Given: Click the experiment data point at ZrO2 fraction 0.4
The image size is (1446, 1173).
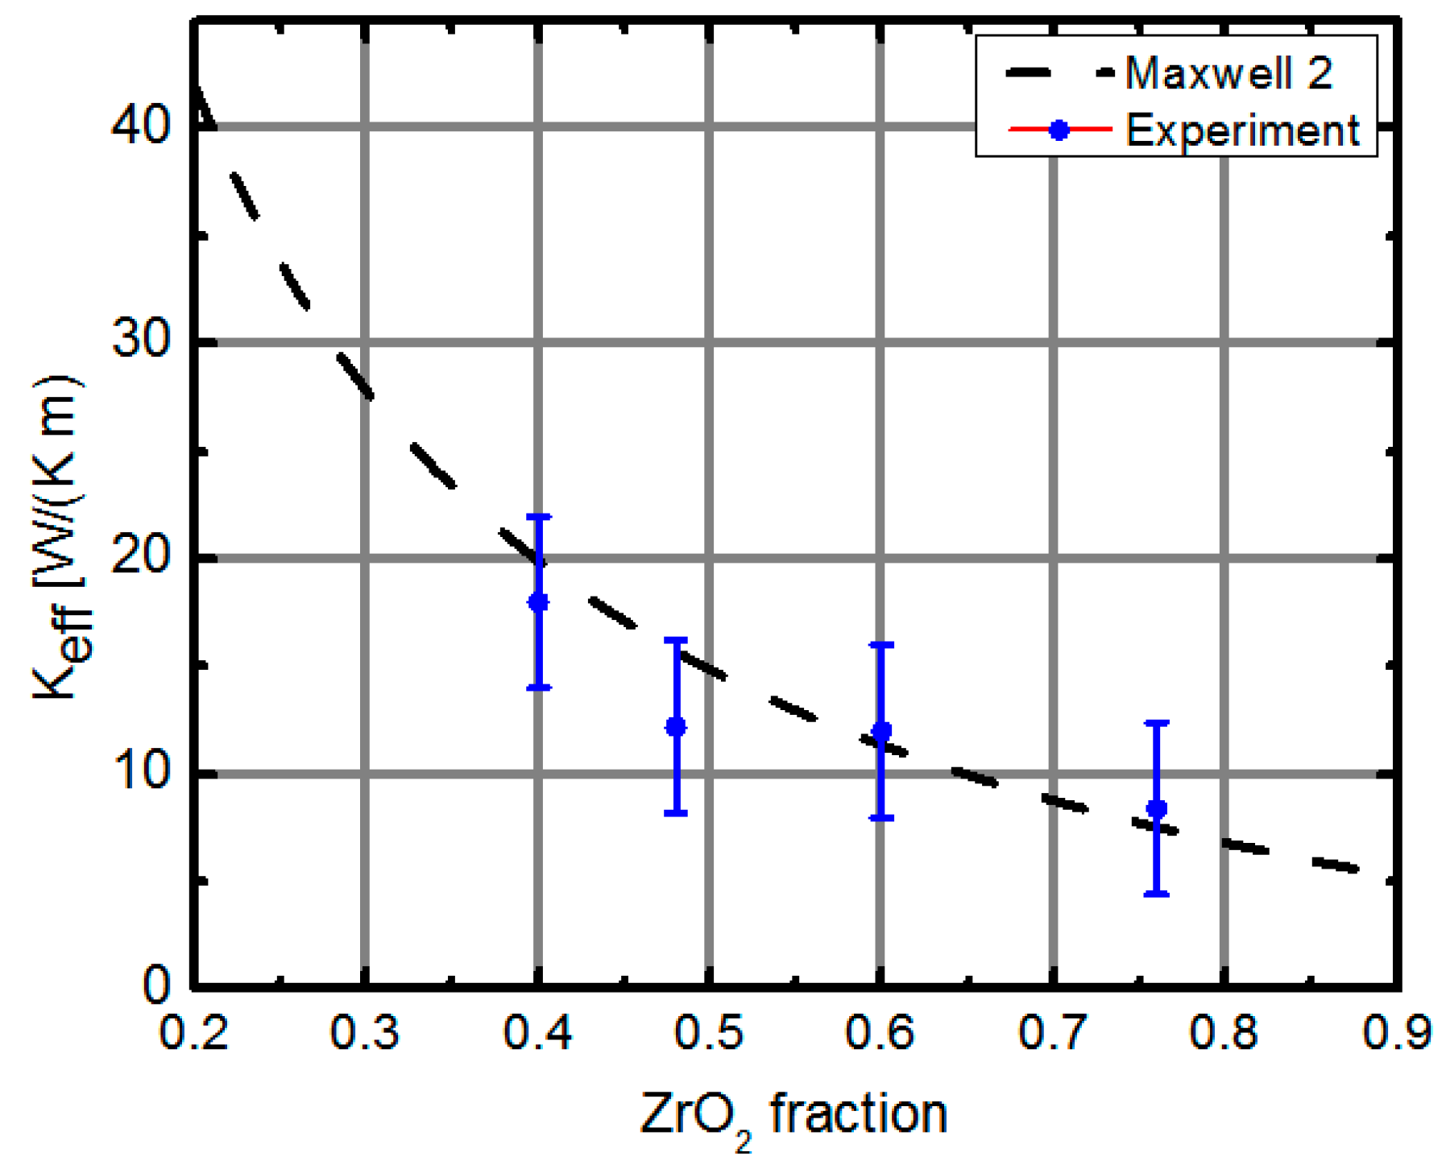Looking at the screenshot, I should point(538,601).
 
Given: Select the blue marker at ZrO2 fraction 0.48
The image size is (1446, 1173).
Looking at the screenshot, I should point(676,727).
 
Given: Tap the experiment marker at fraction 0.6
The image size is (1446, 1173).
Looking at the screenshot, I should point(881,731).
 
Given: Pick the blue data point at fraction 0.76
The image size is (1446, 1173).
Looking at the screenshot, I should point(1156,808).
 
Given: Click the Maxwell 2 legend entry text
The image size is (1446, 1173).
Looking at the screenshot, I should point(1228,73).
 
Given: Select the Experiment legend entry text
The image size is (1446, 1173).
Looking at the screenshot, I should point(1241,130).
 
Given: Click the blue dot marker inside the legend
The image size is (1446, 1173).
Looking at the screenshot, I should point(1059,130).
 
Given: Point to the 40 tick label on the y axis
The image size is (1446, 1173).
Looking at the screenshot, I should point(142,126).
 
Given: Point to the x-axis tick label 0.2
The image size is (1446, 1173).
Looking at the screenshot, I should point(194,1032).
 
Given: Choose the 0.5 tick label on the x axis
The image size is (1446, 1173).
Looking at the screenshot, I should point(708,1032).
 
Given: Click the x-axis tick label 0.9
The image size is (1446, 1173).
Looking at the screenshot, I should point(1396,1032).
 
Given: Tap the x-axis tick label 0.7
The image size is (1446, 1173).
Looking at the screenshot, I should point(1053,1032).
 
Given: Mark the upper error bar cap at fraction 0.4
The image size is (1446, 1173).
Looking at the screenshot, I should point(538,516).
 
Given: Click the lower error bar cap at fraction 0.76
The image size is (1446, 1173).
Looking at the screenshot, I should point(1156,894).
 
